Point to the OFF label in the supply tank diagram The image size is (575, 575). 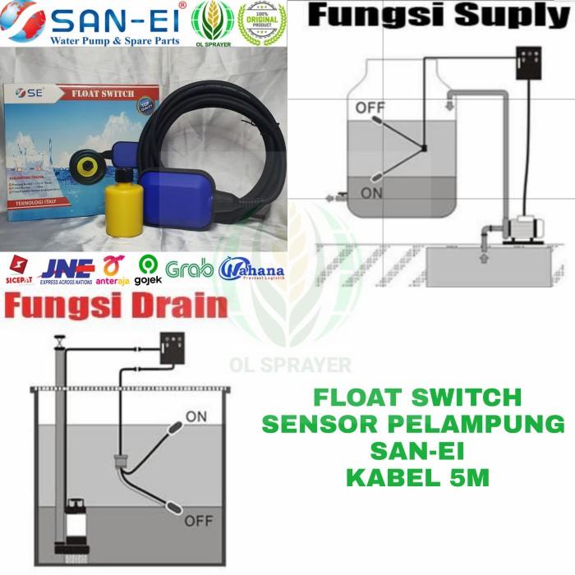370,108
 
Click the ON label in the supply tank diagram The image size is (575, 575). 372,193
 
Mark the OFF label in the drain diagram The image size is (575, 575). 199,521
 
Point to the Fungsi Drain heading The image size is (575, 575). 115,306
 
